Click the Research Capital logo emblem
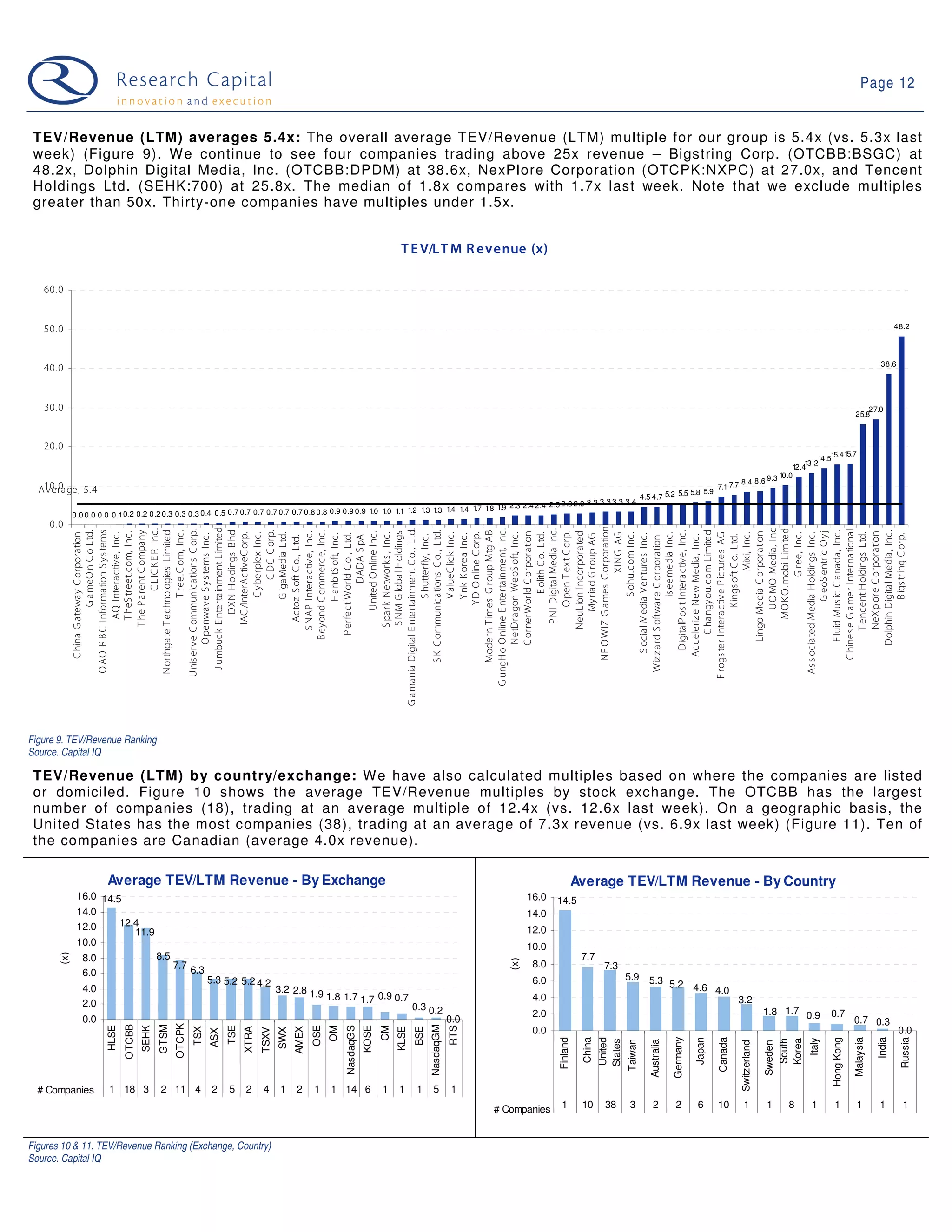pos(63,81)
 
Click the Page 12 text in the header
pos(886,83)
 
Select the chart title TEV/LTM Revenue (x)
pos(474,249)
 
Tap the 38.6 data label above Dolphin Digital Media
pos(888,364)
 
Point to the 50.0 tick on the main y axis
pos(53,330)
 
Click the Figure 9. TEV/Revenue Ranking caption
pos(93,740)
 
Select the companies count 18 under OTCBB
pos(130,1089)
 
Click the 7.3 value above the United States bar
pos(611,965)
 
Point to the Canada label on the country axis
pos(723,1055)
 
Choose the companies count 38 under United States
pos(610,1105)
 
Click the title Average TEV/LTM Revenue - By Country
pos(703,881)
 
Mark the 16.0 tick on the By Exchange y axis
pos(87,896)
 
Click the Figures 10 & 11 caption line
pos(150,1146)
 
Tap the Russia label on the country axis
pos(905,1053)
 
